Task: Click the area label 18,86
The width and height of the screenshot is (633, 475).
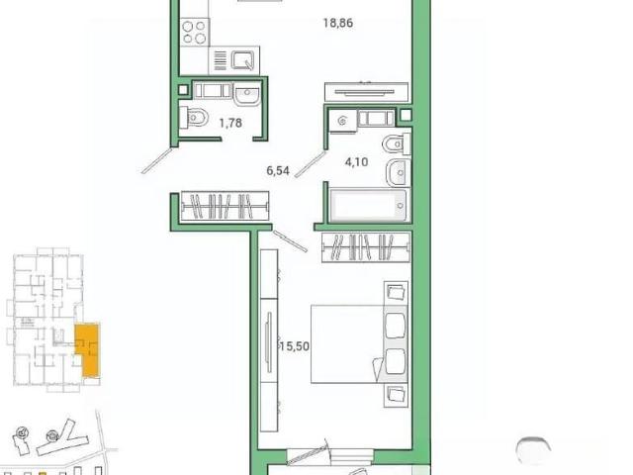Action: (x=338, y=23)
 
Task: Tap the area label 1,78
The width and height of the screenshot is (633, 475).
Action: (x=230, y=123)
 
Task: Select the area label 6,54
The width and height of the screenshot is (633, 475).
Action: (x=278, y=171)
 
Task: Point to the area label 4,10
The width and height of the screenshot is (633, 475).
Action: (x=356, y=162)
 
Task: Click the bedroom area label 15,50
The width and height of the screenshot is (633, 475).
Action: (x=295, y=346)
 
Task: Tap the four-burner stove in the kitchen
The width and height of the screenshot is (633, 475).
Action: (x=194, y=33)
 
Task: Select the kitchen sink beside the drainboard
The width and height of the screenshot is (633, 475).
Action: (x=243, y=60)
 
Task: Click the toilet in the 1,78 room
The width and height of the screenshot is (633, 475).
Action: (x=194, y=118)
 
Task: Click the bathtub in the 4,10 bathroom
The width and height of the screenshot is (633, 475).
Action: (x=369, y=205)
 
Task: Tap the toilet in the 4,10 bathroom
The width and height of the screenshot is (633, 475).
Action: (x=396, y=144)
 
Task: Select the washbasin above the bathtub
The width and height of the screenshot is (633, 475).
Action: (x=398, y=172)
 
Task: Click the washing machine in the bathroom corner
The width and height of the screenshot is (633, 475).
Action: (x=342, y=121)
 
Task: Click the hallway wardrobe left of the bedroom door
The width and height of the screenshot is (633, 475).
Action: (x=225, y=206)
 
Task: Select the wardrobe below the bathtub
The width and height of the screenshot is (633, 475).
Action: (x=366, y=247)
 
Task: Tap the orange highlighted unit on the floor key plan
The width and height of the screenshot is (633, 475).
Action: (x=88, y=349)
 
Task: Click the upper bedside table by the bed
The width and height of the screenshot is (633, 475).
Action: (x=396, y=293)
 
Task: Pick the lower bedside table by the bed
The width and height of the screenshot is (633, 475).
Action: (x=396, y=395)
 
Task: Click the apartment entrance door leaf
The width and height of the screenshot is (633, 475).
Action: (x=157, y=160)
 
